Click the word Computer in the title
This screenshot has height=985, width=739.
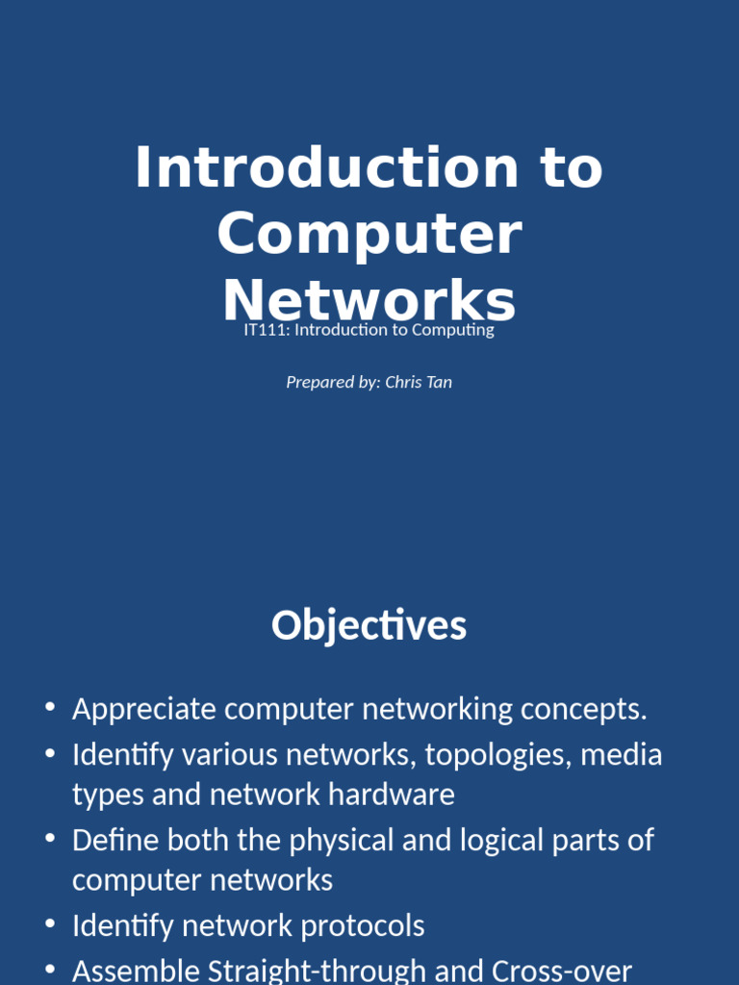369,235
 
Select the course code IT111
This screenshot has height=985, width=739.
264,330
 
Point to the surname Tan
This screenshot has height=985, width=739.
439,382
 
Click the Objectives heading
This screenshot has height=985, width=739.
369,625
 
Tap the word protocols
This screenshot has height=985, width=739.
362,925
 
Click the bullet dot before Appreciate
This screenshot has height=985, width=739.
50,709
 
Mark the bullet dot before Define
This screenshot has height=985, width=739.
50,839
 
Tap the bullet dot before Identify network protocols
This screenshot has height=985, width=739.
50,924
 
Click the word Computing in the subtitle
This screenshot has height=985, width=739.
453,330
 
